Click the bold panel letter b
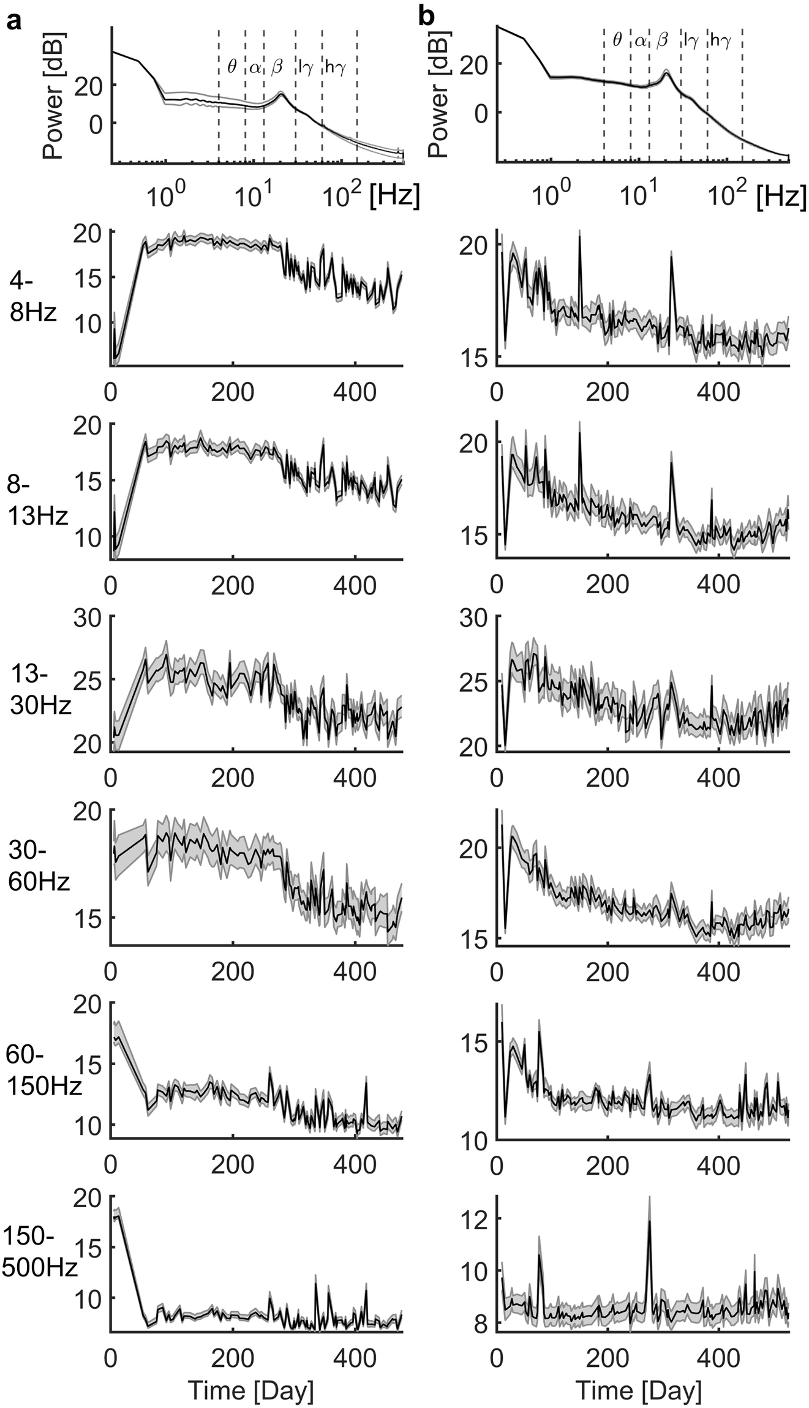coord(426,17)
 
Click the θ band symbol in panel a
coord(231,67)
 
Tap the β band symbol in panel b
coord(662,40)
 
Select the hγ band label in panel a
coord(335,67)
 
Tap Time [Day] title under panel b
coord(638,1373)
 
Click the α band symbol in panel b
coord(640,41)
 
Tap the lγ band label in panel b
coord(691,41)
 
